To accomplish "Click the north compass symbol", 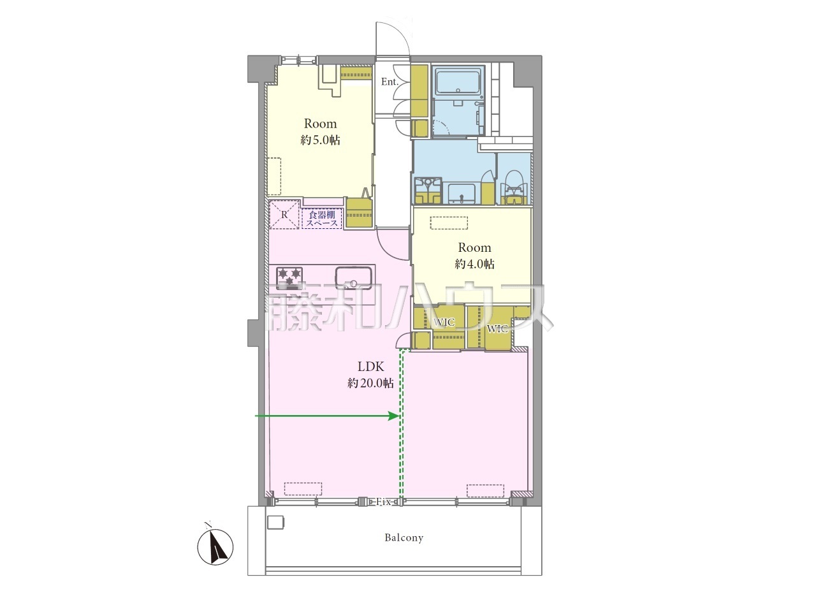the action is coord(215,546).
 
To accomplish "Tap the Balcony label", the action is coord(404,537).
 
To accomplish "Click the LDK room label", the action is coord(370,367).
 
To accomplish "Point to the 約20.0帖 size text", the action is coord(370,382).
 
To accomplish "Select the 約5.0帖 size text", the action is coord(320,140).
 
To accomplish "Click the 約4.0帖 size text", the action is coord(474,264).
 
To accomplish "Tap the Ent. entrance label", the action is coord(390,82).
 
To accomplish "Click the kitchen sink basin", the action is coord(354,278).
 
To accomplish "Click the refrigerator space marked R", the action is coord(284,215).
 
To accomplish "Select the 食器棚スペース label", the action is coord(322,219).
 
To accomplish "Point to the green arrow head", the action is coord(394,416).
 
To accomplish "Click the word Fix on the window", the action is coord(383,502).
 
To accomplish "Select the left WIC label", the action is coord(444,322).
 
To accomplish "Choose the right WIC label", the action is coord(497,328).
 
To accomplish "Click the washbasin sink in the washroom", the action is coord(462,194).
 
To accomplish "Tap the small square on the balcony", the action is coord(276,521).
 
